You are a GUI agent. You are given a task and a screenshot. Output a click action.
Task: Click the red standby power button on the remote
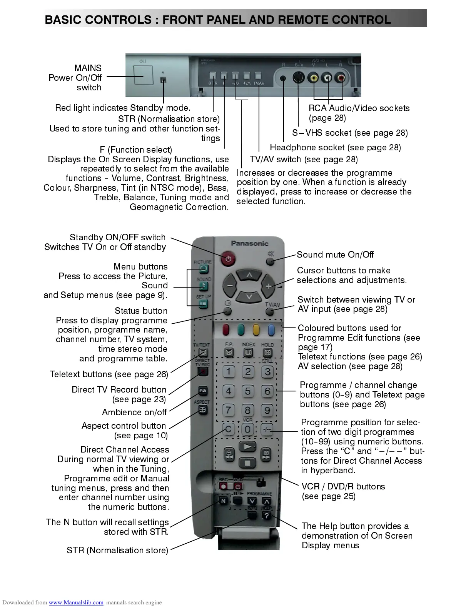(x=229, y=259)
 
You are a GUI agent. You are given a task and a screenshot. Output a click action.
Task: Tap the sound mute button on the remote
(x=271, y=261)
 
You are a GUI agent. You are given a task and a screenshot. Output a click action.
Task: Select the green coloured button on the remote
(x=241, y=329)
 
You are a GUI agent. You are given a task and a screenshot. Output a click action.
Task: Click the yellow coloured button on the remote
(x=256, y=329)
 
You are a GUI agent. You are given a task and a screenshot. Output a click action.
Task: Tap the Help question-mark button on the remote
(x=266, y=516)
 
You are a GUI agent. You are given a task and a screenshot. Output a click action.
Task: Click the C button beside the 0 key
(x=229, y=429)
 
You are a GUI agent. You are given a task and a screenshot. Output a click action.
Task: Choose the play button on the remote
(x=247, y=447)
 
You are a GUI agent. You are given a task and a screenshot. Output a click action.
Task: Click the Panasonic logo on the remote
(x=249, y=243)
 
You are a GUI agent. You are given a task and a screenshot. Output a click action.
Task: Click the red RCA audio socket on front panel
(x=341, y=78)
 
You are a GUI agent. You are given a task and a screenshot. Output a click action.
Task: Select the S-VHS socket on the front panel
(x=298, y=78)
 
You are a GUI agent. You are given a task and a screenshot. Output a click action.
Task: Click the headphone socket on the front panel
(x=283, y=78)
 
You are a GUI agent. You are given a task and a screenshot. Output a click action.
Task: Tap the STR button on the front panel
(x=213, y=76)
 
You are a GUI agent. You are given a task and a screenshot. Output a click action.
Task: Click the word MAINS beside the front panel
(x=88, y=68)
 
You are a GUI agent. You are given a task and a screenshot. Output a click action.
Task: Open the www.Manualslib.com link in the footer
(x=76, y=602)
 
